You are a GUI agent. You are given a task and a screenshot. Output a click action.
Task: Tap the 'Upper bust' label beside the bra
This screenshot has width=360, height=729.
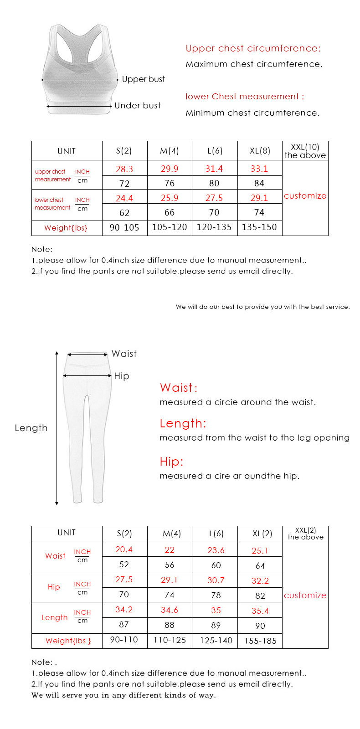coord(143,79)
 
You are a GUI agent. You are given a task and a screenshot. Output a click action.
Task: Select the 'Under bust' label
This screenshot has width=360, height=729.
coord(138,106)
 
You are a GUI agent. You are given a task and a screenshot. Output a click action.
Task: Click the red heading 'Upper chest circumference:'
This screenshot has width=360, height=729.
coord(253,48)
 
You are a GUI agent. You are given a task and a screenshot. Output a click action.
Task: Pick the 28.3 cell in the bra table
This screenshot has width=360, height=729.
coord(124,169)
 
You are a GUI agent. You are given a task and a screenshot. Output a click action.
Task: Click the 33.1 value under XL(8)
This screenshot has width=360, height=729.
coord(259,169)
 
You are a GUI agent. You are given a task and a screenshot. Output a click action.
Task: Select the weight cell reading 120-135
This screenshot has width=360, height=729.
coord(214,227)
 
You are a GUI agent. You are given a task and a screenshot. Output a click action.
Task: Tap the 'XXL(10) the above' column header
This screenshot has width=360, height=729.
coord(305,151)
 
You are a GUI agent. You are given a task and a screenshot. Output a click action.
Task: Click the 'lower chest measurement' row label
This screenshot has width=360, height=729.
coord(52,204)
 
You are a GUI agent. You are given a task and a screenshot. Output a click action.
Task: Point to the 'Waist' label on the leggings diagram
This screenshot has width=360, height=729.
coord(124,354)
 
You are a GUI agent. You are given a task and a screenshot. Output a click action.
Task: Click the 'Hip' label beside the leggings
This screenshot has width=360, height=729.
coord(122,376)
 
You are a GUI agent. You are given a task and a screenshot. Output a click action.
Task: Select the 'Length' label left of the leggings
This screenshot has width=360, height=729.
coord(31,428)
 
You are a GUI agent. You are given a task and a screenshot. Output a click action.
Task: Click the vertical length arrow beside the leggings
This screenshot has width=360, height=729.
coord(57,428)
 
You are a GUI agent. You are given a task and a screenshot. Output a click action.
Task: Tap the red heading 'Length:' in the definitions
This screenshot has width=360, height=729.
coord(183,423)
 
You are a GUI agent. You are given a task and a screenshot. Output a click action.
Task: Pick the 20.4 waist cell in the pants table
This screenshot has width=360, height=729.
coord(124,549)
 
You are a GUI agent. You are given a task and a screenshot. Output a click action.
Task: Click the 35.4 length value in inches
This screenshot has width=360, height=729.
coord(260,611)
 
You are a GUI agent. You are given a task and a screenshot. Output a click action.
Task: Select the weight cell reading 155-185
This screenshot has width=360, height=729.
coord(260,641)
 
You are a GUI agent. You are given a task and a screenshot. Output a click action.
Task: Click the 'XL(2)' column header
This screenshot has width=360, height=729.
coord(262,534)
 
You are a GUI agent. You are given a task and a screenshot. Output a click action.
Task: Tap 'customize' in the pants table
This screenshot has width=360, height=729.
coord(305,596)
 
